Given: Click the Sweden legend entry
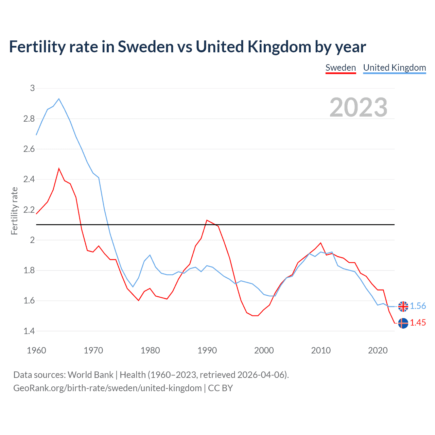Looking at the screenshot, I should coord(341,68).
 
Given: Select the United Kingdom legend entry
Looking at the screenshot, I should coord(394,68).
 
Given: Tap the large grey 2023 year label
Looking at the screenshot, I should coord(358,107).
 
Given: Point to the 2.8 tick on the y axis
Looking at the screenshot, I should coord(29,119).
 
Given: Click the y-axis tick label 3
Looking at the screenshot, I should coord(32,88).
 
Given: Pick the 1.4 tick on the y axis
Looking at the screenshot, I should coord(29,331).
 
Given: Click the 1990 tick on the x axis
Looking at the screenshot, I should coord(207,350).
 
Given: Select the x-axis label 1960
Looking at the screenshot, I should coord(36,350).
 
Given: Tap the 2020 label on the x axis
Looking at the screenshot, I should coord(378,350).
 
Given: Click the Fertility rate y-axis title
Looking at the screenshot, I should coord(14,211).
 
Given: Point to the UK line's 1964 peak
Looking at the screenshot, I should coord(59,99).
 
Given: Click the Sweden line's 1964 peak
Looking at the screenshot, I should coord(59,169).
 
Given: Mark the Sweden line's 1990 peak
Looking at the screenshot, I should coord(207,220).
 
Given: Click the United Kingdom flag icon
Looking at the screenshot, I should coord(403,306).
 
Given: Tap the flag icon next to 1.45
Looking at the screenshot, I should coord(403,323).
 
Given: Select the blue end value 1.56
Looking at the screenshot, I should coord(418,306).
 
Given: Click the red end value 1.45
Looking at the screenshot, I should coord(418,323).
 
